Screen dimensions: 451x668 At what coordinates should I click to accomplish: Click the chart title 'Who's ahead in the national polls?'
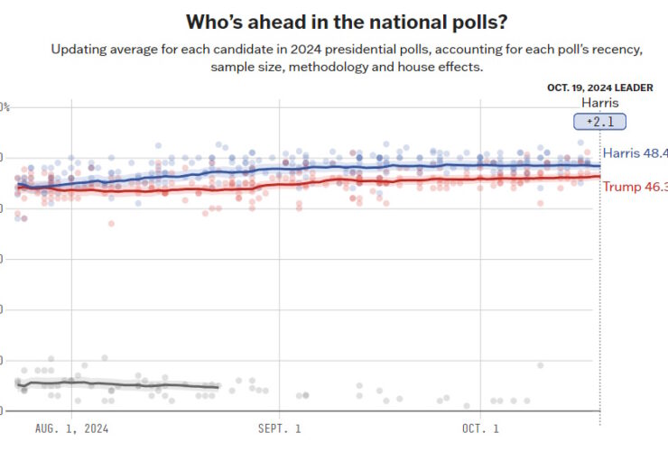pyautogui.click(x=333, y=21)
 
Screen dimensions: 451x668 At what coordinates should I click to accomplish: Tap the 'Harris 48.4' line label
pyautogui.click(x=635, y=153)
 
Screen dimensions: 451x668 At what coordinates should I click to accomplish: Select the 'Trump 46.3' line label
pyautogui.click(x=635, y=187)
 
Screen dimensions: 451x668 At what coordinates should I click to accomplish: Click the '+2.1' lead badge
pyautogui.click(x=599, y=122)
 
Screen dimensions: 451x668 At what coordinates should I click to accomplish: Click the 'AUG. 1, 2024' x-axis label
pyautogui.click(x=71, y=428)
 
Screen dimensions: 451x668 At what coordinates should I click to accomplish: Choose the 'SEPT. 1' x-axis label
pyautogui.click(x=280, y=428)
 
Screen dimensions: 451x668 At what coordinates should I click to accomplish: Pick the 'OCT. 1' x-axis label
pyautogui.click(x=480, y=428)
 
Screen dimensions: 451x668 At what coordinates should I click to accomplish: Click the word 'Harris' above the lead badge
pyautogui.click(x=599, y=103)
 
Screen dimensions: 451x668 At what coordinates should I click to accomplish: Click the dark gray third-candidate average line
pyautogui.click(x=117, y=384)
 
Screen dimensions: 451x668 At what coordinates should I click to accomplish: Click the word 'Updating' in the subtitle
pyautogui.click(x=79, y=49)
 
